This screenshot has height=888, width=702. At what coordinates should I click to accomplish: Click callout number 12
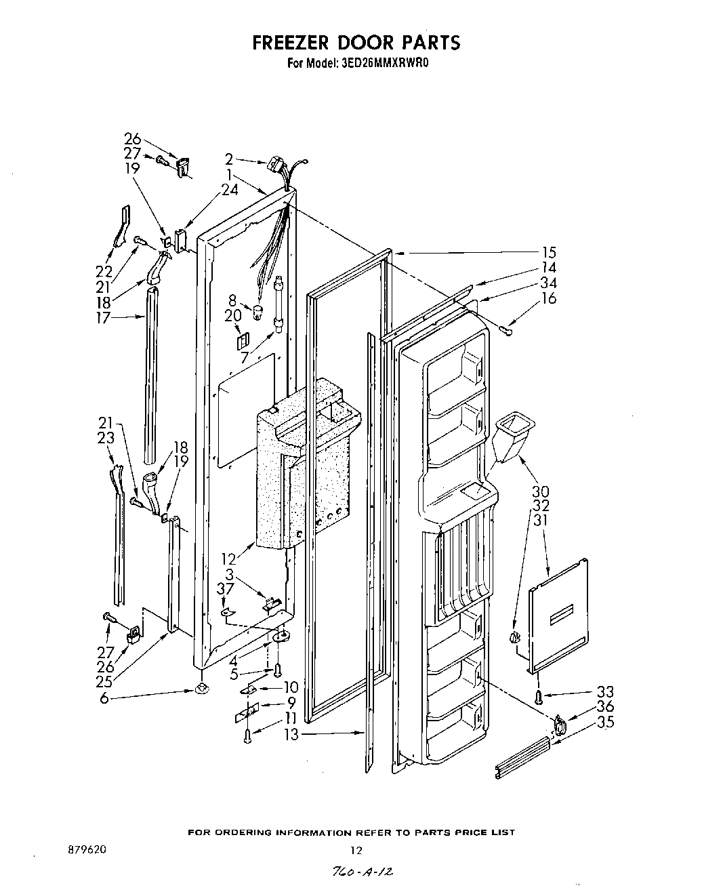[229, 559]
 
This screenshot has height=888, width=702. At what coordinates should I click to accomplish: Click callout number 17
[102, 317]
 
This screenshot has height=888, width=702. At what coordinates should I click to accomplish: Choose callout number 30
[540, 491]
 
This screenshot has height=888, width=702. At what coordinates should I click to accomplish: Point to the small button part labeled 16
[507, 329]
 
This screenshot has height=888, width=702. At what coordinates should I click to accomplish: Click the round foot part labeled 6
[201, 689]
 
